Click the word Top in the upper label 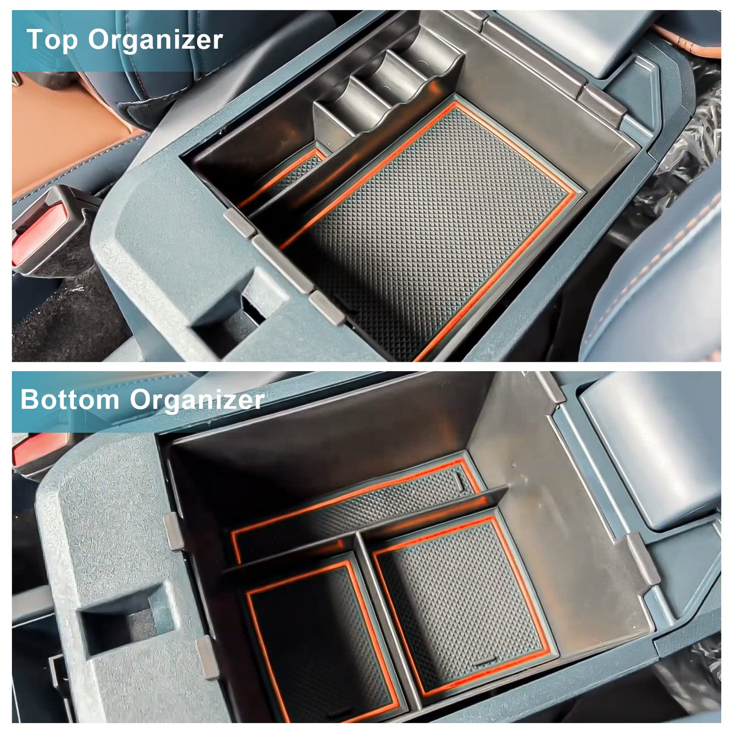point(52,40)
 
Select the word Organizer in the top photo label point(155,41)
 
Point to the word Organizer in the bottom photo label point(197,401)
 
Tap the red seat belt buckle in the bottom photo point(38,449)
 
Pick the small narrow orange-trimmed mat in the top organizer point(282,177)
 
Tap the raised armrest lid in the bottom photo point(648,443)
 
